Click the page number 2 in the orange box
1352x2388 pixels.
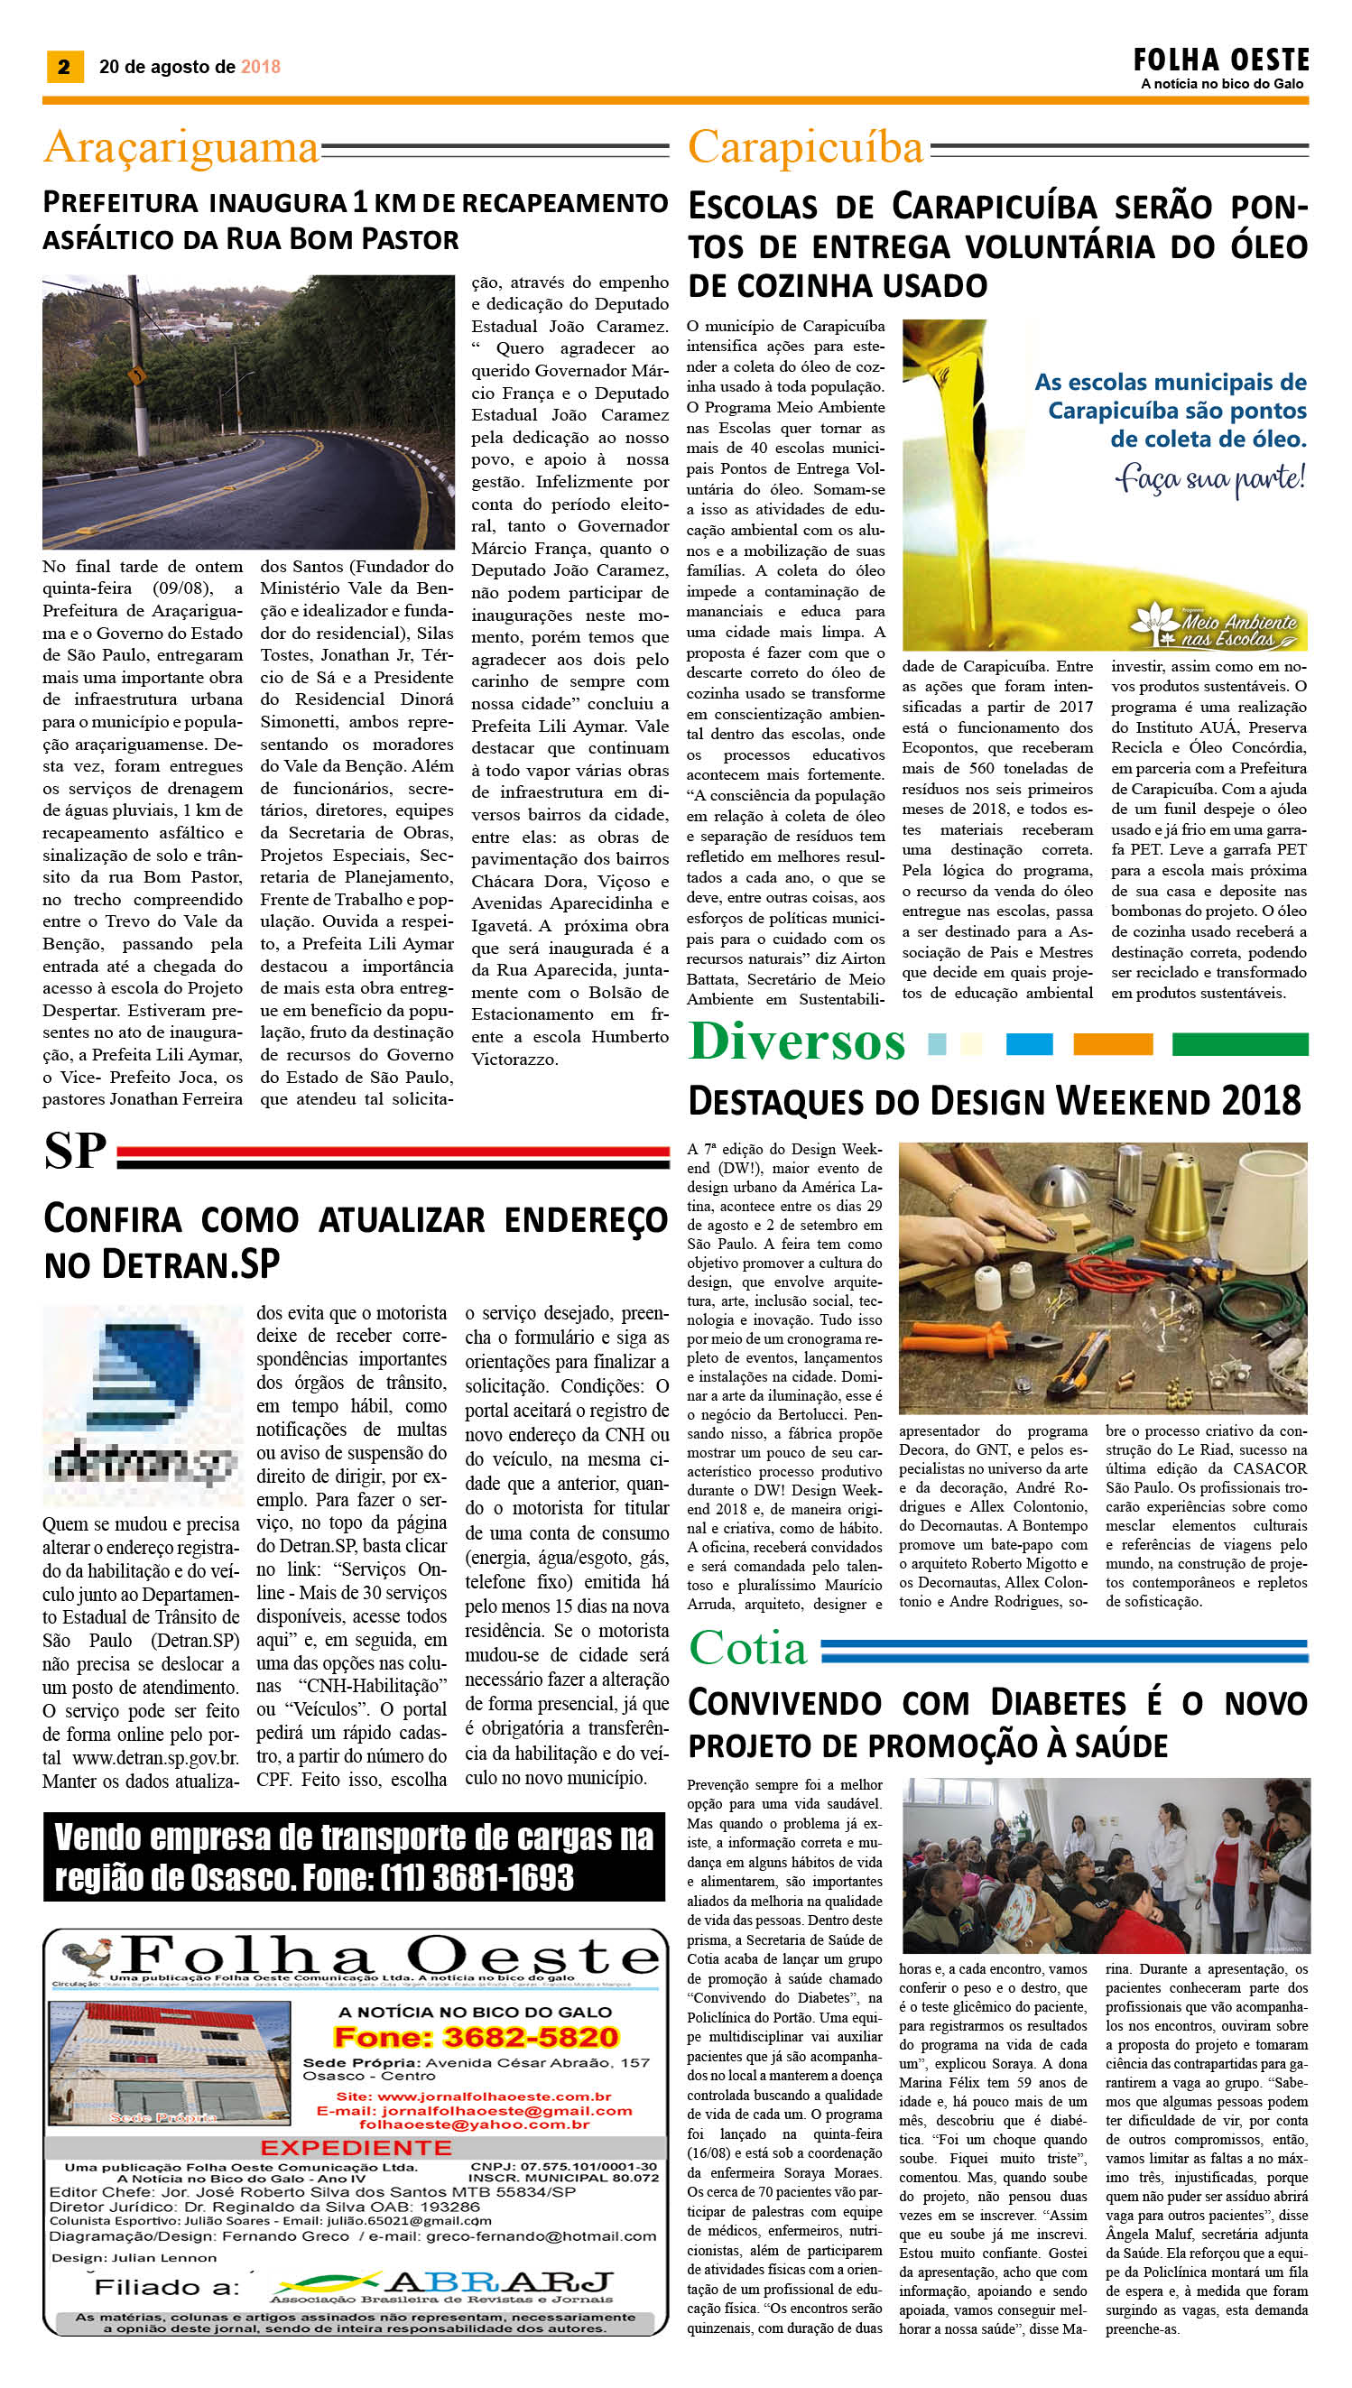(x=63, y=67)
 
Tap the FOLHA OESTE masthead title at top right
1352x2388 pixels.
(x=1220, y=61)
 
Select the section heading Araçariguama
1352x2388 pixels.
(x=181, y=148)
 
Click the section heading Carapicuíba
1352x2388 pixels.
(x=806, y=148)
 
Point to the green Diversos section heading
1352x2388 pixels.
(x=797, y=1041)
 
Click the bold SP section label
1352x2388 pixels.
(x=74, y=1152)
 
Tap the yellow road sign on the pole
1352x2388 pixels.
(x=137, y=377)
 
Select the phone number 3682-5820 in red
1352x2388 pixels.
(x=476, y=2037)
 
